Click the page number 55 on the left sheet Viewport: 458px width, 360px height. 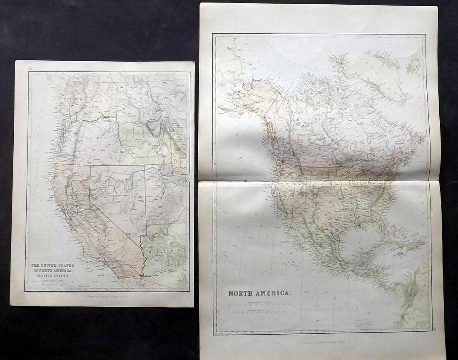[x=30, y=68]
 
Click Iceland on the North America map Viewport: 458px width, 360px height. [x=414, y=65]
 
